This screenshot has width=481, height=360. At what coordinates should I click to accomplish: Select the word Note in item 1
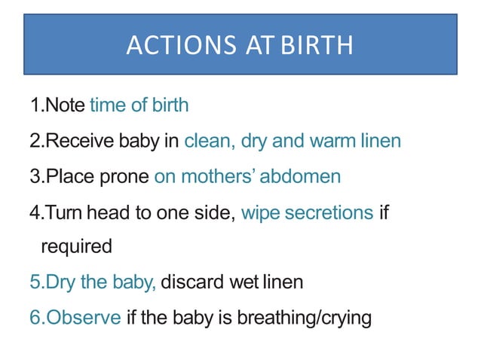pos(66,105)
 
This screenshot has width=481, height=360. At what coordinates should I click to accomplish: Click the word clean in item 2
pos(207,141)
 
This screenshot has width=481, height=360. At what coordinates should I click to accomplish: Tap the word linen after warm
pos(381,141)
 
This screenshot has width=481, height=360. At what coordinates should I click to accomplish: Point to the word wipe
pos(258,213)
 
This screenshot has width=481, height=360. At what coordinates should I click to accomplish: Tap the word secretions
pos(326,213)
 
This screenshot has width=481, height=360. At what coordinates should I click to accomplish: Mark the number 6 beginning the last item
pos(35,317)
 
